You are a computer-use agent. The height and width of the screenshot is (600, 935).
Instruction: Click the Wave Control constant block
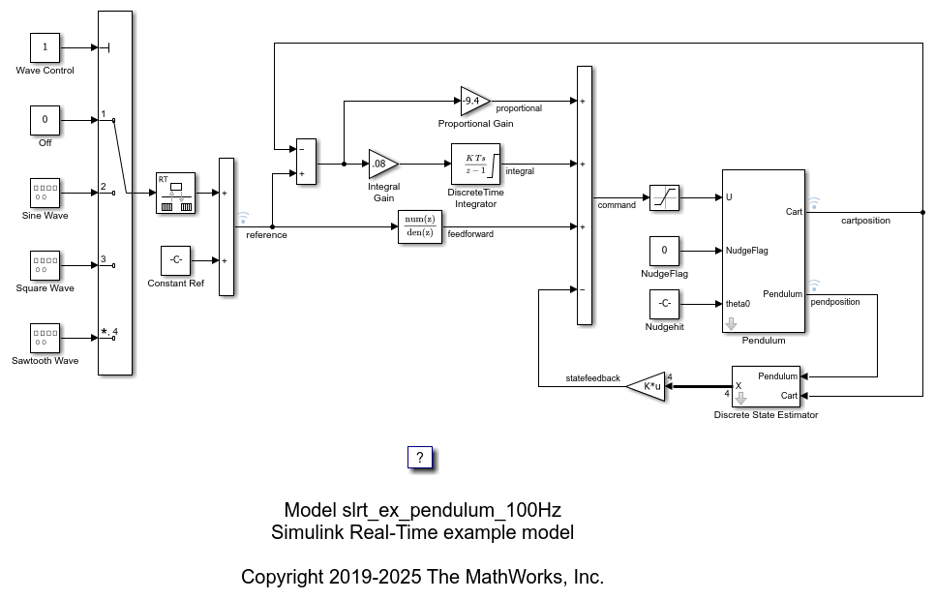point(45,47)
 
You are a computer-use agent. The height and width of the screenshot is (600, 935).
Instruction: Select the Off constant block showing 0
point(45,120)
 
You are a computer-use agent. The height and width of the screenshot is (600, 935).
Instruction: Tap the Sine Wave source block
point(45,193)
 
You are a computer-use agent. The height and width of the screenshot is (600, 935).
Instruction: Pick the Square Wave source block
point(45,265)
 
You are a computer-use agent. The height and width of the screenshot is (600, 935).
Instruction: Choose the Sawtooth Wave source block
point(45,338)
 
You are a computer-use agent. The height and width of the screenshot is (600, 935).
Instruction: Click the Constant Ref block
point(175,260)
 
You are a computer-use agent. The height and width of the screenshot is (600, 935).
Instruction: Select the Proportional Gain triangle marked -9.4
point(475,102)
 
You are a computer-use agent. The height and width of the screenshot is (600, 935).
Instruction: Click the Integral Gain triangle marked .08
point(383,164)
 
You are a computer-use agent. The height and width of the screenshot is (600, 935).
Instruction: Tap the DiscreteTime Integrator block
point(475,164)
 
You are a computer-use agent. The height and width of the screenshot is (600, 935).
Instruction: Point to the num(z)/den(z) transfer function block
point(420,226)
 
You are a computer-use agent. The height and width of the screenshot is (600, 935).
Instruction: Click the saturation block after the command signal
point(664,197)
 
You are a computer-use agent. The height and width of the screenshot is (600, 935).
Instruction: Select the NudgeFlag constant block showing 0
point(664,251)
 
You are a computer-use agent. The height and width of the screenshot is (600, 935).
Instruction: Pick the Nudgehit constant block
point(664,304)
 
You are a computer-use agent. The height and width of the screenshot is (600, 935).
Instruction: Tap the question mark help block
point(420,458)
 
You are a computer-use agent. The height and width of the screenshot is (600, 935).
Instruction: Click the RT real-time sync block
point(175,193)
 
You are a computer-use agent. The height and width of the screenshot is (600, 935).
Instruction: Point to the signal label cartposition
point(865,221)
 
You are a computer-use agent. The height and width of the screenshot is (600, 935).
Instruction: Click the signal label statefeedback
point(592,378)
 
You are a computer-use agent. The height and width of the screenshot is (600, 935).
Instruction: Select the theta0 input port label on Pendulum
point(738,304)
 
